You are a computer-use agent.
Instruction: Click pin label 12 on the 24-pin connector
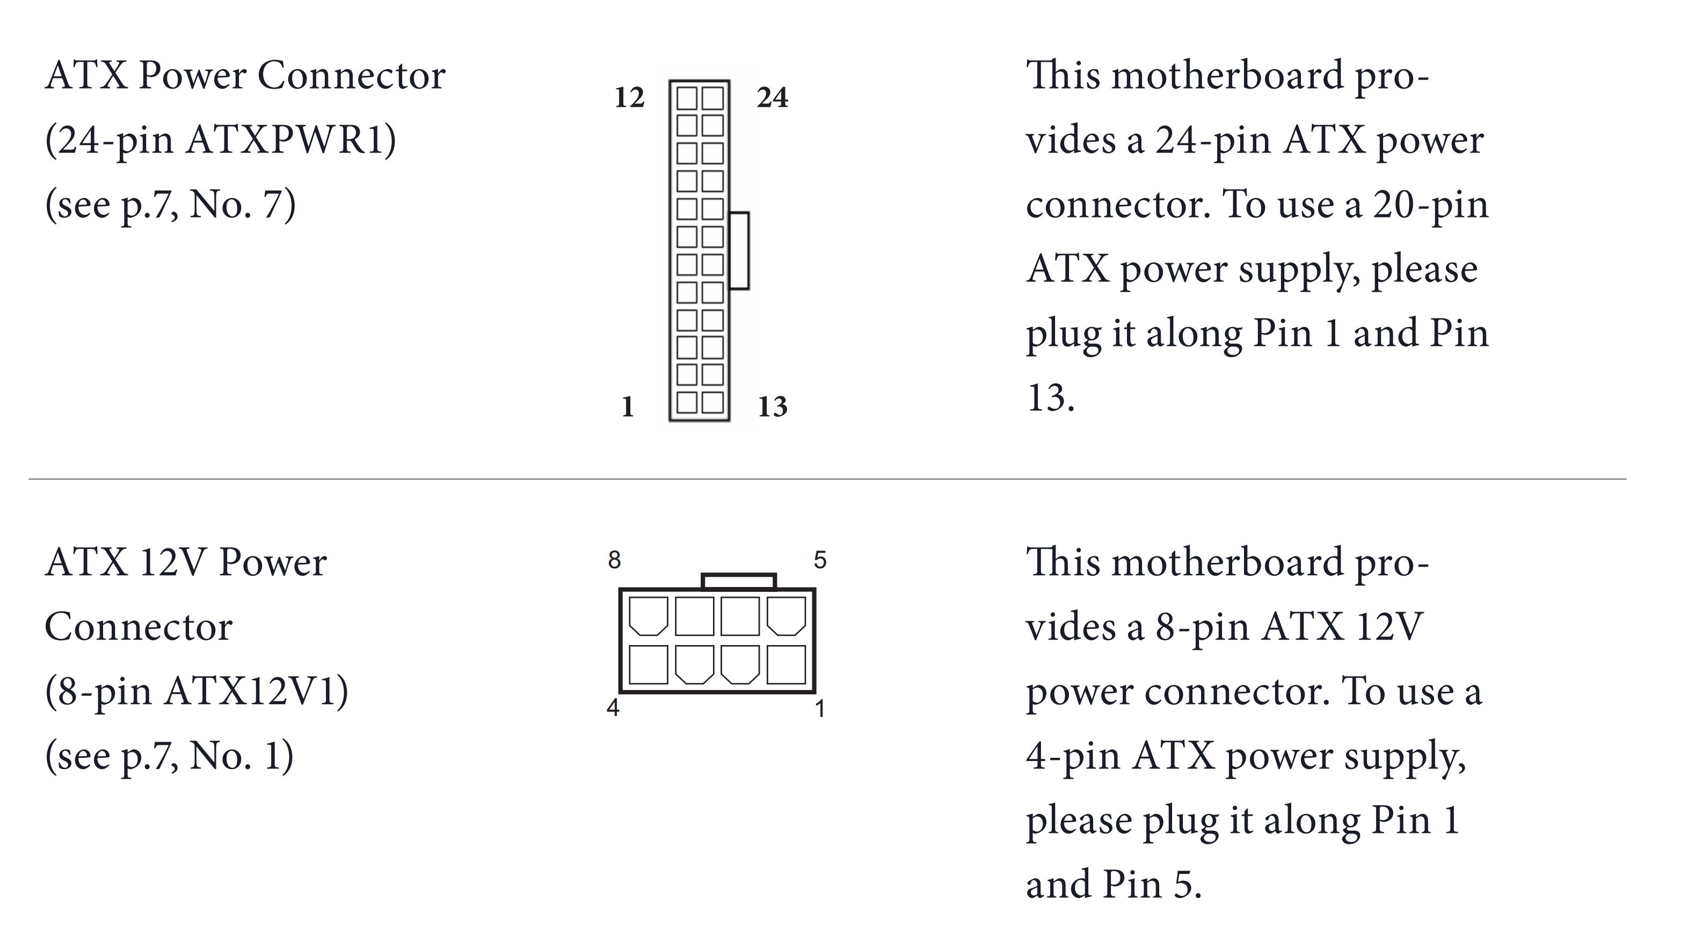pos(629,98)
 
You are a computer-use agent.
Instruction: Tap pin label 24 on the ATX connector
pos(772,98)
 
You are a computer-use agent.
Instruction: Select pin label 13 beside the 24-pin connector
pos(772,407)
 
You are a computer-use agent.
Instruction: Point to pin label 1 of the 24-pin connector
pos(627,407)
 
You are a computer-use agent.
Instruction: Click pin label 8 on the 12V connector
pos(614,560)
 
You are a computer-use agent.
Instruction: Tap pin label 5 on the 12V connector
pos(820,560)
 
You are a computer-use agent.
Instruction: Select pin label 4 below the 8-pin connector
pos(613,708)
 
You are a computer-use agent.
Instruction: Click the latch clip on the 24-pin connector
pos(739,250)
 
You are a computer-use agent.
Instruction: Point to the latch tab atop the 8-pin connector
pos(739,581)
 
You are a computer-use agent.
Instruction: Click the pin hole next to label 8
pos(648,616)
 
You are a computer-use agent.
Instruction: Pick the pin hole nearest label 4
pos(648,664)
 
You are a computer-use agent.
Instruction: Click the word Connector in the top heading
pos(351,75)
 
